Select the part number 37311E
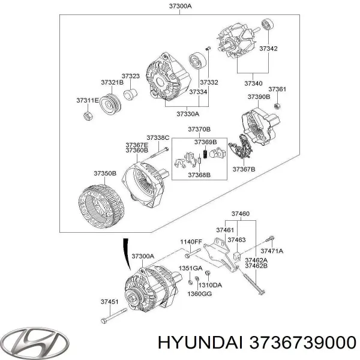tap(87, 100)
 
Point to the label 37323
tap(130, 76)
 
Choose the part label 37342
tap(267, 49)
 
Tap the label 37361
tap(277, 89)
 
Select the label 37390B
tap(259, 96)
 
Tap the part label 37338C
tap(158, 138)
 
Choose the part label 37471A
tap(271, 250)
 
